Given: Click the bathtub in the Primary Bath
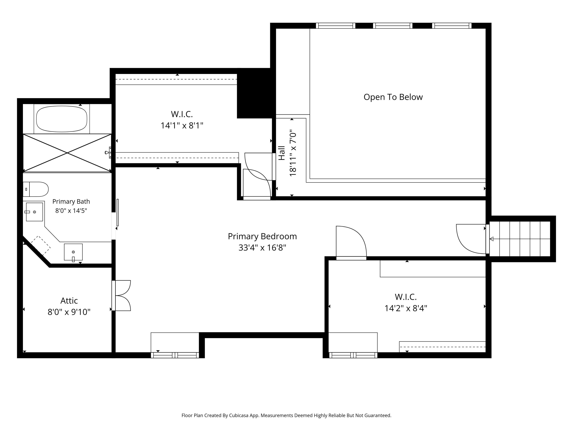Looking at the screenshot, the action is pyautogui.click(x=62, y=119).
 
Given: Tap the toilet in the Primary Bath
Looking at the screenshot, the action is pyautogui.click(x=36, y=189).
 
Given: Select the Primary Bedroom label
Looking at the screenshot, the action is pyautogui.click(x=262, y=236).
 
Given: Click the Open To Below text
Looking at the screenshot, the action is pyautogui.click(x=393, y=97).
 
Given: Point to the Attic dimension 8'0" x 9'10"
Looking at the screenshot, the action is pyautogui.click(x=69, y=312).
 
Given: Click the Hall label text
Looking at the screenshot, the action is pyautogui.click(x=282, y=153).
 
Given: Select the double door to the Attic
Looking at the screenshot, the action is pyautogui.click(x=121, y=295).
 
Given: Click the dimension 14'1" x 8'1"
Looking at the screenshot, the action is pyautogui.click(x=182, y=125).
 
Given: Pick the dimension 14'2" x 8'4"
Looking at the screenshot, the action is pyautogui.click(x=406, y=308).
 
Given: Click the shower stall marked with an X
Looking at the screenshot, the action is pyautogui.click(x=67, y=153).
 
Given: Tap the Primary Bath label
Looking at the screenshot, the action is pyautogui.click(x=71, y=201).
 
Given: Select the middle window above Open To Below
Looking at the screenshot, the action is pyautogui.click(x=393, y=26).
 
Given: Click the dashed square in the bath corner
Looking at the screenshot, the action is pyautogui.click(x=40, y=246).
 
